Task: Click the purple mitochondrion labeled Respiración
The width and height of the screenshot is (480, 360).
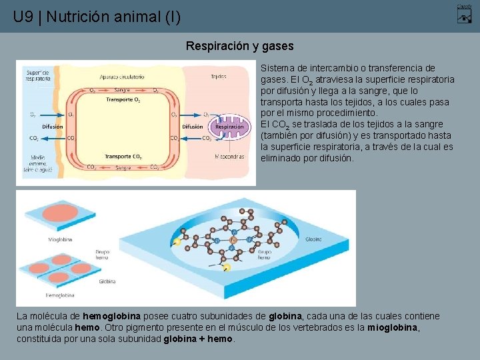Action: pyautogui.click(x=229, y=126)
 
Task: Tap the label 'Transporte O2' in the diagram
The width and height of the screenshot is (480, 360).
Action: pyautogui.click(x=123, y=100)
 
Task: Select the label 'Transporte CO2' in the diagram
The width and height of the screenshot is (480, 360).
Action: pyautogui.click(x=123, y=157)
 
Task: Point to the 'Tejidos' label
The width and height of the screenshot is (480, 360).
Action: pyautogui.click(x=219, y=77)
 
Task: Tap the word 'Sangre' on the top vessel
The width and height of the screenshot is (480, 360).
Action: pyautogui.click(x=122, y=89)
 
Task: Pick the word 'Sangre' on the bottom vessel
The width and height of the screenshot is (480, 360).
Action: pyautogui.click(x=123, y=168)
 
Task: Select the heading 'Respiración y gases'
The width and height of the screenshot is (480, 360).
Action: pyautogui.click(x=239, y=47)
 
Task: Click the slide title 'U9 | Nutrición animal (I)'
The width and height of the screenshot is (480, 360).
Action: pyautogui.click(x=97, y=17)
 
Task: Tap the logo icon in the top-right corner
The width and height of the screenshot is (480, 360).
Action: pyautogui.click(x=465, y=14)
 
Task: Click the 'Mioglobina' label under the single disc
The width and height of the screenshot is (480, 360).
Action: pyautogui.click(x=60, y=239)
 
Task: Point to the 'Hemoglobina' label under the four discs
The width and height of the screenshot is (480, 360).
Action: pyautogui.click(x=60, y=295)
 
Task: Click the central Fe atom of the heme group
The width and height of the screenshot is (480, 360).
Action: pyautogui.click(x=233, y=239)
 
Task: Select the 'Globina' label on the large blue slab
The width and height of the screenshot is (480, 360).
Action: pyautogui.click(x=313, y=238)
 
